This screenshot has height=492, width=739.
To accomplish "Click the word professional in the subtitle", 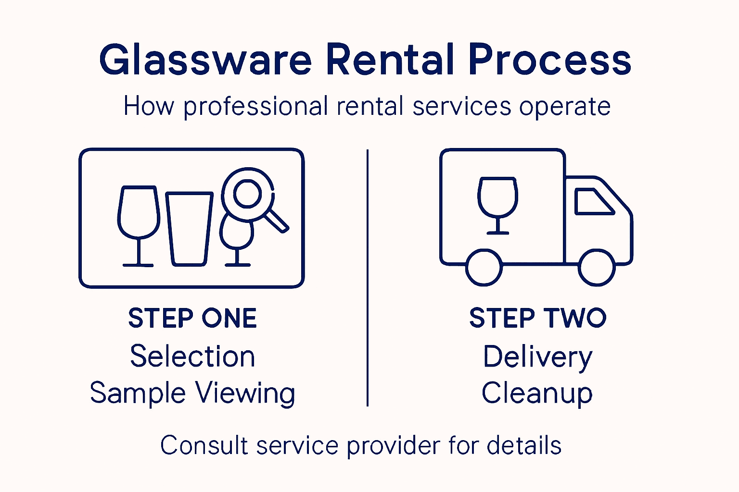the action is (255, 107).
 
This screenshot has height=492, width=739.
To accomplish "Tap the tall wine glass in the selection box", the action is (139, 226).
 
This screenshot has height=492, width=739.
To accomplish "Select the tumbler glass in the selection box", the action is (190, 229).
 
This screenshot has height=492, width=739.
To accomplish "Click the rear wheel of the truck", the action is (484, 268).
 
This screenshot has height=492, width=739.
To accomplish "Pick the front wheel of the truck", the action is (597, 268).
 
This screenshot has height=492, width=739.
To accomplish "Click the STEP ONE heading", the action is (192, 318).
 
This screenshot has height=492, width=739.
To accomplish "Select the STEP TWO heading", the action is (538, 318).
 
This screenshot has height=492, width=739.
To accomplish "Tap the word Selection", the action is (192, 356).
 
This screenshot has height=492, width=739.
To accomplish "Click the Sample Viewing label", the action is (192, 393).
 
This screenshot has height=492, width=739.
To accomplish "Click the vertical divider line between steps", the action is (368, 278).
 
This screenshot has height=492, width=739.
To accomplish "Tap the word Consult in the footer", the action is (204, 445).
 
